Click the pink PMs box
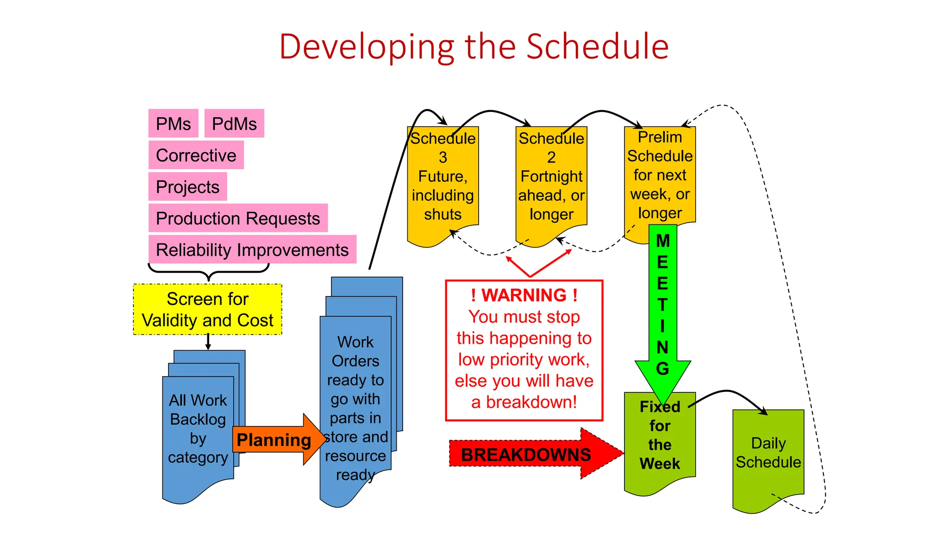173,124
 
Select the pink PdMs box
234,124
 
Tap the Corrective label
196,155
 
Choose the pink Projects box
187,186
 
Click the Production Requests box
238,218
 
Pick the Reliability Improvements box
252,249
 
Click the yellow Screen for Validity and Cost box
207,310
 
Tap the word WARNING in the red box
524,295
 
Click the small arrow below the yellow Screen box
208,342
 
